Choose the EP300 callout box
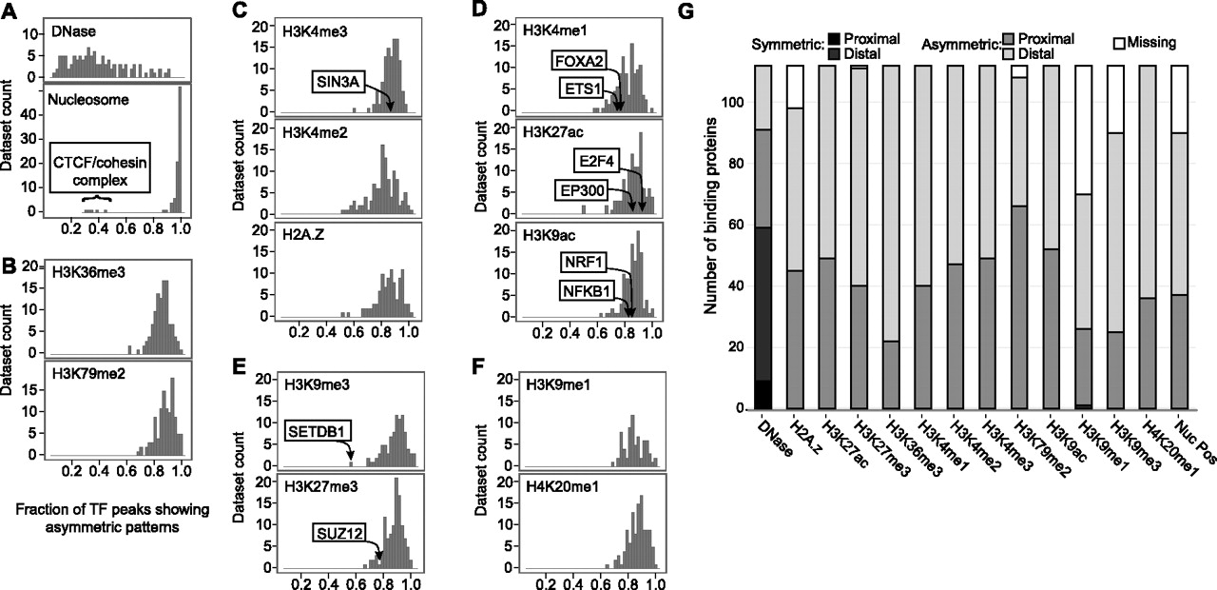coord(582,190)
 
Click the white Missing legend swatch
coord(1120,42)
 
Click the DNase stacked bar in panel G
coord(767,238)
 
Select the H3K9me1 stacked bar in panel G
coord(1083,238)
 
